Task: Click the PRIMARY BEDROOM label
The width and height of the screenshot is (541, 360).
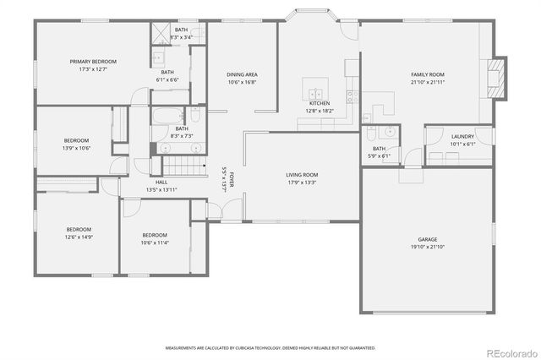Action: tap(93, 62)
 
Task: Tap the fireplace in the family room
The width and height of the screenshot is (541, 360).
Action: tap(498, 77)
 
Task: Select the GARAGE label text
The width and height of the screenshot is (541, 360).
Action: tap(427, 239)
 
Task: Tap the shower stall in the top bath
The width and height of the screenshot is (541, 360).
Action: tap(161, 34)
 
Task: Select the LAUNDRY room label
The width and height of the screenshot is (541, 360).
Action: tap(462, 136)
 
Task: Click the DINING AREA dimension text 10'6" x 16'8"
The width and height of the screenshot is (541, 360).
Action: tap(242, 83)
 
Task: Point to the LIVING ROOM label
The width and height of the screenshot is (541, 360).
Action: tap(302, 174)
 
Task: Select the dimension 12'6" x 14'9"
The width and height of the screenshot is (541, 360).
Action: tap(79, 237)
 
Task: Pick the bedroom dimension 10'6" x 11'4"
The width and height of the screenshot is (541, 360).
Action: tap(155, 243)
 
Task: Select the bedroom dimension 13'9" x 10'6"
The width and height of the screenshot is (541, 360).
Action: tap(76, 148)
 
